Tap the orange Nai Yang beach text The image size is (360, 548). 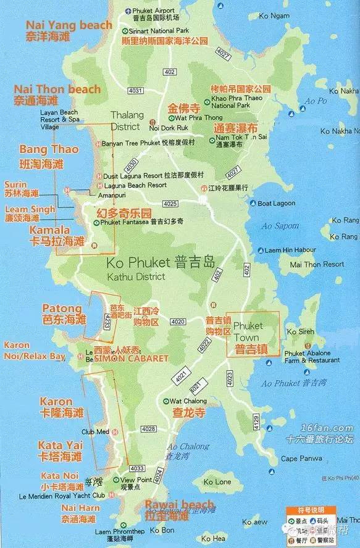(x=68, y=25)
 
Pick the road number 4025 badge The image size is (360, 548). (x=170, y=204)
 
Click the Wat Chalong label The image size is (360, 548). (x=189, y=401)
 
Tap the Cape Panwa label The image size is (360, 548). (x=301, y=459)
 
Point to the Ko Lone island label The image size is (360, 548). (x=217, y=481)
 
